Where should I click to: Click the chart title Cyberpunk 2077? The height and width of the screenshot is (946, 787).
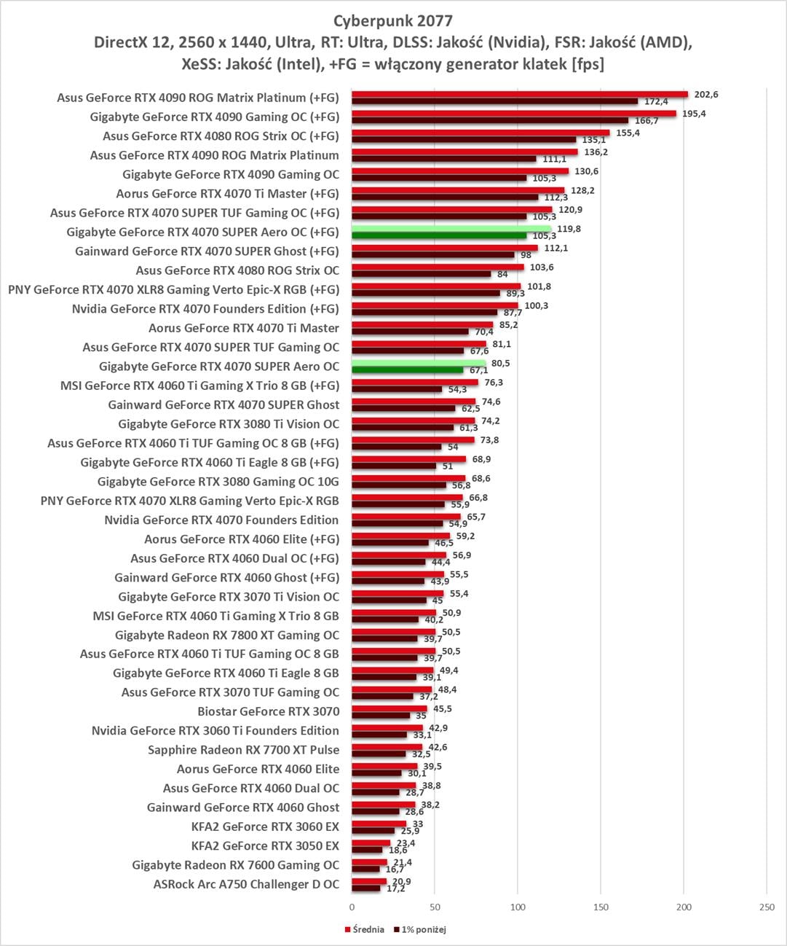[393, 20]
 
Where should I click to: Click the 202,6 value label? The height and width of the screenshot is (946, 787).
[706, 94]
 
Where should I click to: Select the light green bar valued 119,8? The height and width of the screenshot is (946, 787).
[451, 228]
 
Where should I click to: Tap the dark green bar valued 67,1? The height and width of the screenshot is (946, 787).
[407, 370]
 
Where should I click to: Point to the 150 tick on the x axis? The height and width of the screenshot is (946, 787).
[601, 907]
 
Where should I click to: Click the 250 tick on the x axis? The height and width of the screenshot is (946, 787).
[767, 907]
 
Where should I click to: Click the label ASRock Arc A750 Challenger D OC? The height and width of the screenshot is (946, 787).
[246, 884]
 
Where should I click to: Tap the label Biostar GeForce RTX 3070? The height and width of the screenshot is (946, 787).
[268, 711]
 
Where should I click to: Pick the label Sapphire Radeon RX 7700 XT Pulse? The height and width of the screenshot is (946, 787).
[243, 750]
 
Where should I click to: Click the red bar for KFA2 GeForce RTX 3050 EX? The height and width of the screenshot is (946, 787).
[371, 843]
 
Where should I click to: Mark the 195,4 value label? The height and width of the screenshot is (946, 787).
[694, 113]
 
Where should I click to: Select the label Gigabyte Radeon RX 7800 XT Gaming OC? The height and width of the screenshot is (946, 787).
[226, 635]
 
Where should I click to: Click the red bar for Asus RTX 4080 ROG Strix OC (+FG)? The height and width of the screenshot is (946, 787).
[480, 133]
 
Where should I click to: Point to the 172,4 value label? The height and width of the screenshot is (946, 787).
[656, 101]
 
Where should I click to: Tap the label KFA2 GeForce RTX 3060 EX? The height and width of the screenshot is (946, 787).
[265, 826]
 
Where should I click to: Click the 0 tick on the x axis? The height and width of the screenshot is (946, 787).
[352, 907]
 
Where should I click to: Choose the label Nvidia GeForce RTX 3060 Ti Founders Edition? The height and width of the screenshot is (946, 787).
[215, 730]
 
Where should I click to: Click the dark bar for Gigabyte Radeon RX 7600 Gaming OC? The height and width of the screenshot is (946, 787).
[365, 869]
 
